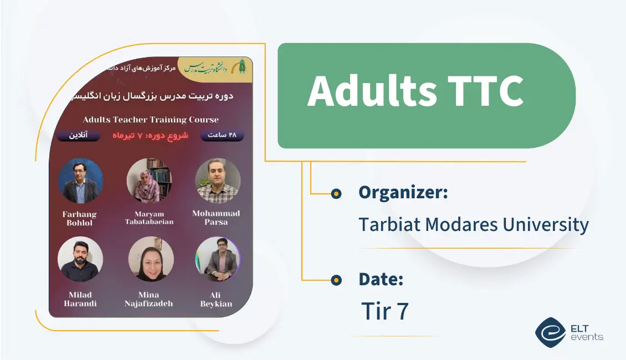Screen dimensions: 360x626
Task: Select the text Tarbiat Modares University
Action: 473,225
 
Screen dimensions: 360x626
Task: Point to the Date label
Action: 381,279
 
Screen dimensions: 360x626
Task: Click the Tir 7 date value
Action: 384,311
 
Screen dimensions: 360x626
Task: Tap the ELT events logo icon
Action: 550,331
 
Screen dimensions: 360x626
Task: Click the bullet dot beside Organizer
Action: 336,193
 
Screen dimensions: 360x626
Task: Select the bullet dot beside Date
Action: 336,280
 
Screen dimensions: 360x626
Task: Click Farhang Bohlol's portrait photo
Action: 81,181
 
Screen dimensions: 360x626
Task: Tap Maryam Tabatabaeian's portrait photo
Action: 150,181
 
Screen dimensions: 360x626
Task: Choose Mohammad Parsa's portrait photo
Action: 218,181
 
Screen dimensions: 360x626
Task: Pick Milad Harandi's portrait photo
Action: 81,259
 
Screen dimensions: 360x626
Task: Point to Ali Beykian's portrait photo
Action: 218,259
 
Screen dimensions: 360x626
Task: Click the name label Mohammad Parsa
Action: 216,218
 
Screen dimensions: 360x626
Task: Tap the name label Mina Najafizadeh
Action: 149,299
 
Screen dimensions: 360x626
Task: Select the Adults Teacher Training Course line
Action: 151,120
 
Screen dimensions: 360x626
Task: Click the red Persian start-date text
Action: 151,136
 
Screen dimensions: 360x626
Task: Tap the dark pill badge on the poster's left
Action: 78,136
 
